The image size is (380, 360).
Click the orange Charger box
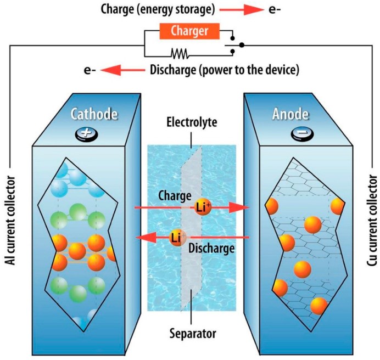(x=191, y=31)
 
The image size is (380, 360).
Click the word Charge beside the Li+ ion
(x=174, y=195)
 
